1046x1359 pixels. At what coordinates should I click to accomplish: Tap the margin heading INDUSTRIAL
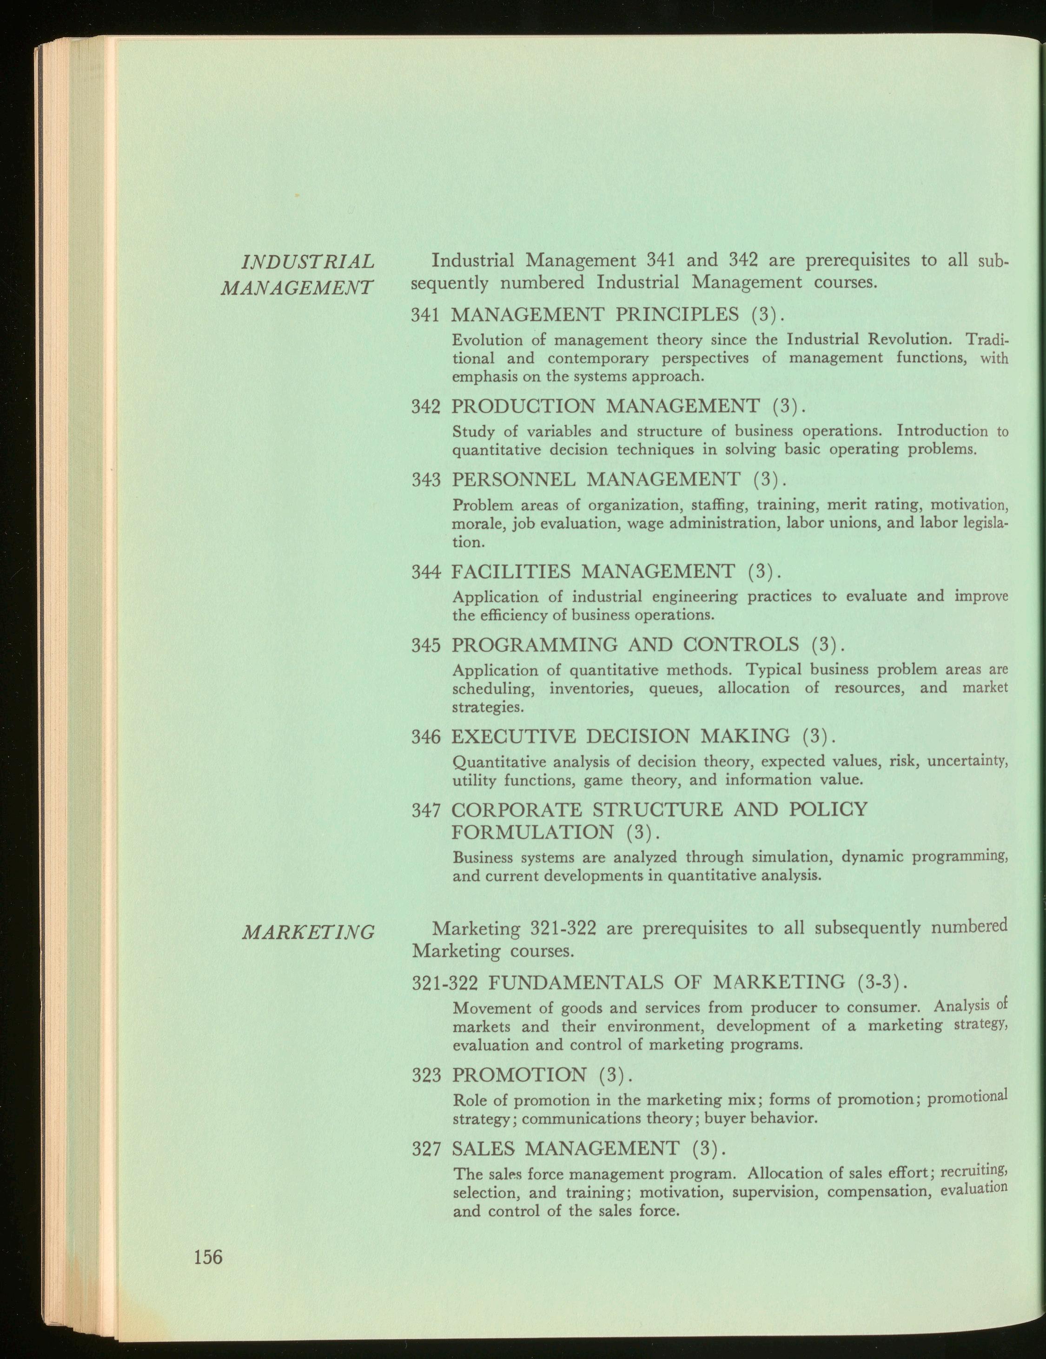pyautogui.click(x=308, y=261)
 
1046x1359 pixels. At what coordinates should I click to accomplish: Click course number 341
pyautogui.click(x=426, y=315)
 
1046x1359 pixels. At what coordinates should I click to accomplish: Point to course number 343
pyautogui.click(x=426, y=480)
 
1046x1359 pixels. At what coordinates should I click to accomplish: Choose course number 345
pyautogui.click(x=426, y=645)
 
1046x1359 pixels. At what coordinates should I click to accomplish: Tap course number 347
pyautogui.click(x=426, y=811)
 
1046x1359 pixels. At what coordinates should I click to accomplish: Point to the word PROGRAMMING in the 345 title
pyautogui.click(x=536, y=645)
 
